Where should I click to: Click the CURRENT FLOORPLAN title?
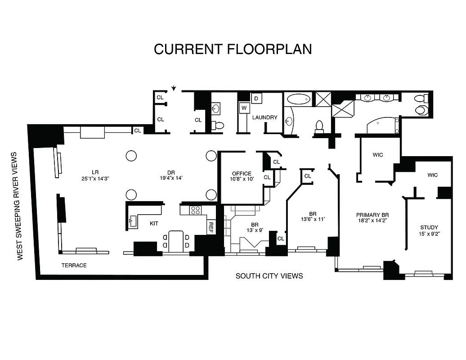[x=233, y=49]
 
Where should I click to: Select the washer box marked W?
[x=244, y=108]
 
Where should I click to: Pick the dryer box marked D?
[x=256, y=98]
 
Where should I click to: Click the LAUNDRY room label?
[x=264, y=117]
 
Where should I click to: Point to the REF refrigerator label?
[x=211, y=227]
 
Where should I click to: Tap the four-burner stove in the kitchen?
[x=195, y=210]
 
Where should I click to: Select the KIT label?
[x=154, y=223]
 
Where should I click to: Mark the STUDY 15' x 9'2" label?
[x=429, y=230]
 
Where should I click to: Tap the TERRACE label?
[x=74, y=265]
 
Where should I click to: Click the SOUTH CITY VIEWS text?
[x=269, y=276]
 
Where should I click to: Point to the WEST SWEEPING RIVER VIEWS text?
[x=20, y=206]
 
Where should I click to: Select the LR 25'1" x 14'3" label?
[x=95, y=175]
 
